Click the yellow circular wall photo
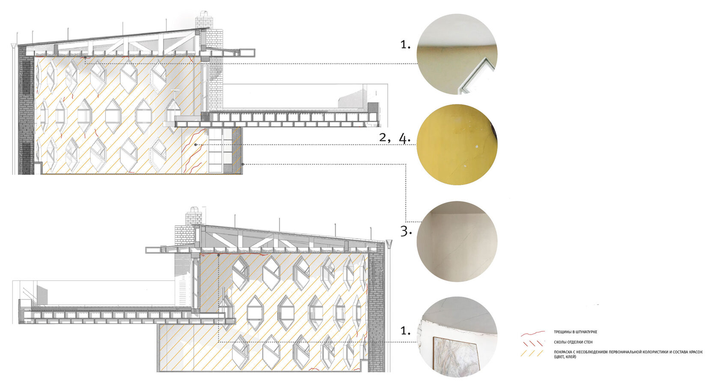coord(457,145)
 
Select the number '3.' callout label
coord(406,231)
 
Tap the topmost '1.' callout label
coord(405,44)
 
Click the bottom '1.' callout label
coord(405,331)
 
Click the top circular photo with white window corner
coord(457,54)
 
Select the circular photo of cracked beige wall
coord(457,241)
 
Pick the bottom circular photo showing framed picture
coord(457,337)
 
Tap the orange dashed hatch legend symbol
coord(532,353)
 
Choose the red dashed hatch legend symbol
coord(532,343)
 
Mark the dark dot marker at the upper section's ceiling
coord(85,57)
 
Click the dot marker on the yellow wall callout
coord(196,145)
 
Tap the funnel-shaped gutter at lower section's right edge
coord(389,245)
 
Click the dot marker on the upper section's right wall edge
coord(243,164)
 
